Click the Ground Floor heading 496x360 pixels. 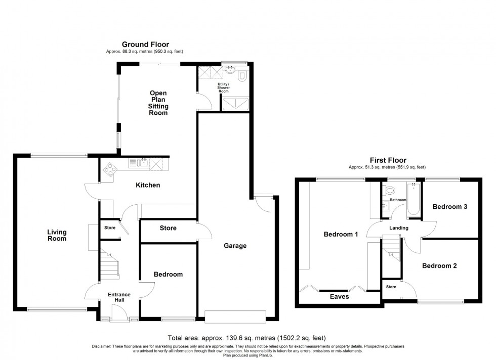pyautogui.click(x=145, y=44)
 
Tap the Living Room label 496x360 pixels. pyautogui.click(x=57, y=236)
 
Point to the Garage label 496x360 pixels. pyautogui.click(x=235, y=246)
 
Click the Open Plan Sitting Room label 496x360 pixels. pyautogui.click(x=158, y=103)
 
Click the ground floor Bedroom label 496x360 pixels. pyautogui.click(x=168, y=275)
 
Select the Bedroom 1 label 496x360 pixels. pyautogui.click(x=341, y=234)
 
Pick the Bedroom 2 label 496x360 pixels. pyautogui.click(x=439, y=265)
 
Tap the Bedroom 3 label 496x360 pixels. pyautogui.click(x=449, y=207)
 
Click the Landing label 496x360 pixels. pyautogui.click(x=398, y=228)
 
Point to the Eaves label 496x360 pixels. pyautogui.click(x=340, y=297)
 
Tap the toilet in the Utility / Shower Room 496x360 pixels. pyautogui.click(x=241, y=75)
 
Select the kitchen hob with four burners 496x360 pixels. pyautogui.click(x=109, y=170)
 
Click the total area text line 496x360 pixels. pyautogui.click(x=246, y=338)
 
